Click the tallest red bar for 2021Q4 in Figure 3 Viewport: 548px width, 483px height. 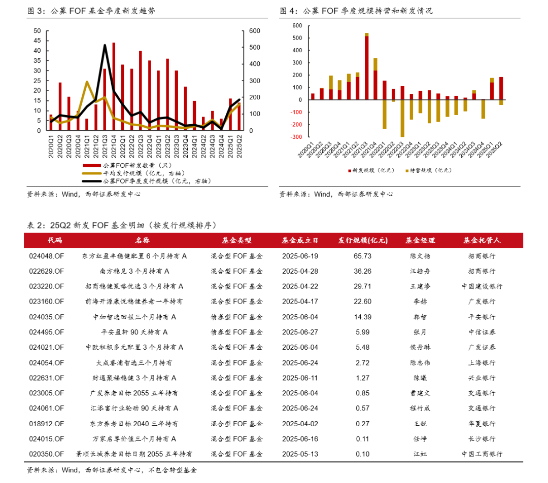[x=114, y=86]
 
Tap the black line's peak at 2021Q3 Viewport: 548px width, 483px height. [x=105, y=46]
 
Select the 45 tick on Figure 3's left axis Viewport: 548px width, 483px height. [x=37, y=41]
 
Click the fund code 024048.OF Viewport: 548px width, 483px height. [x=47, y=256]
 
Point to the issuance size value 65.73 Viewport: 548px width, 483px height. [x=363, y=256]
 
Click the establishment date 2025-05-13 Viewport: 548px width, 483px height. [x=300, y=454]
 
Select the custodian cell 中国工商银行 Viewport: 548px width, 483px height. [x=482, y=454]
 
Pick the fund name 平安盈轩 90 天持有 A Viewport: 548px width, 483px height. [x=134, y=332]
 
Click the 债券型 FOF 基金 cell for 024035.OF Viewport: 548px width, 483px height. [x=237, y=317]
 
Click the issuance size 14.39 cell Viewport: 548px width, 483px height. [x=363, y=317]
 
